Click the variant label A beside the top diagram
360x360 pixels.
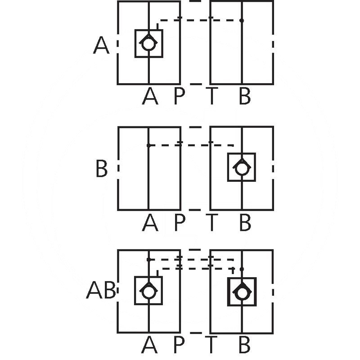[x=101, y=46]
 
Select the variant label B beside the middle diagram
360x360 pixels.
[x=102, y=170]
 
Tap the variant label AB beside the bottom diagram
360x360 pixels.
[x=101, y=291]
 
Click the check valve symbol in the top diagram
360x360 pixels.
[x=148, y=44]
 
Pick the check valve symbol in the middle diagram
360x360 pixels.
[x=242, y=167]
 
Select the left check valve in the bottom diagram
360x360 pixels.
[x=148, y=291]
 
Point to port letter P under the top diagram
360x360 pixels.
[x=180, y=96]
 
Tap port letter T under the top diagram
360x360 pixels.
[x=211, y=96]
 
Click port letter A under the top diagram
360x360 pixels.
[x=150, y=96]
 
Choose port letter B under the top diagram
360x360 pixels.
[x=244, y=96]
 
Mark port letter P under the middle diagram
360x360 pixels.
[x=180, y=222]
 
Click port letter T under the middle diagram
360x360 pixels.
[x=211, y=222]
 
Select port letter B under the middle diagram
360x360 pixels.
[x=244, y=222]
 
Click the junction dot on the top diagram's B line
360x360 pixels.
[x=242, y=20]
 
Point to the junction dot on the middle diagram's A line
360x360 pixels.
[x=148, y=145]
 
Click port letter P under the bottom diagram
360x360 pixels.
[x=179, y=345]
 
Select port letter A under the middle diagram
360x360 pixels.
[x=150, y=222]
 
